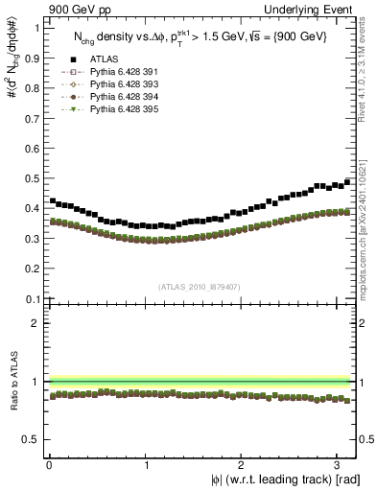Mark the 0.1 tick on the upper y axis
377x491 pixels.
pyautogui.click(x=31, y=299)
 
